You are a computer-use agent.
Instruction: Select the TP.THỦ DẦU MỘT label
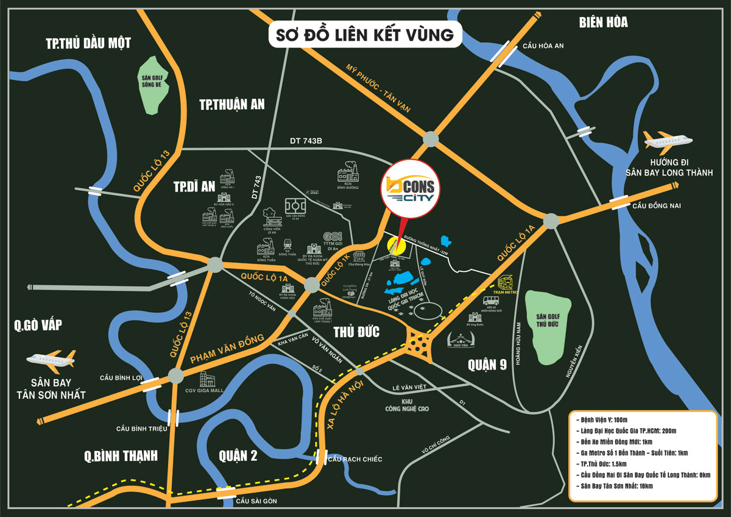[x=88, y=43]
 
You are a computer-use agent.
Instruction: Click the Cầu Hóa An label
[x=544, y=46]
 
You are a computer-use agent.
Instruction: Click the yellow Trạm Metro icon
[x=505, y=282]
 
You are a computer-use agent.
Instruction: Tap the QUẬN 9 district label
[x=487, y=365]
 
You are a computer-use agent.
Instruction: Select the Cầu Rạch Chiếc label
[x=355, y=458]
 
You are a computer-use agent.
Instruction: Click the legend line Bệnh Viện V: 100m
[x=605, y=419]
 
